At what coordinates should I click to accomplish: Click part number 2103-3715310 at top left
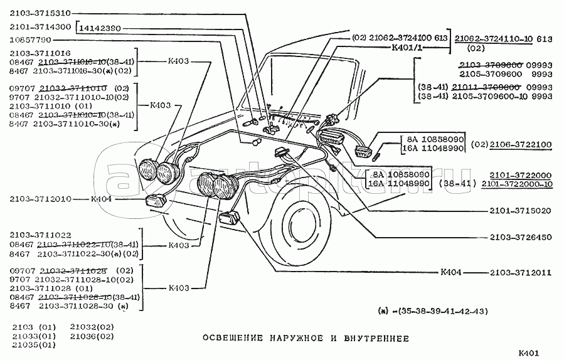click(40, 13)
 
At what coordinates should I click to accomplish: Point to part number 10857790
click(30, 40)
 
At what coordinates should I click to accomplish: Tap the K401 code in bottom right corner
click(529, 352)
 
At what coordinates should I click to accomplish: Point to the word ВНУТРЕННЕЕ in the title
click(374, 338)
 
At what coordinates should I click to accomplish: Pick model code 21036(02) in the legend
click(92, 336)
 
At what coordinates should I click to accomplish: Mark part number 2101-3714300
click(40, 28)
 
